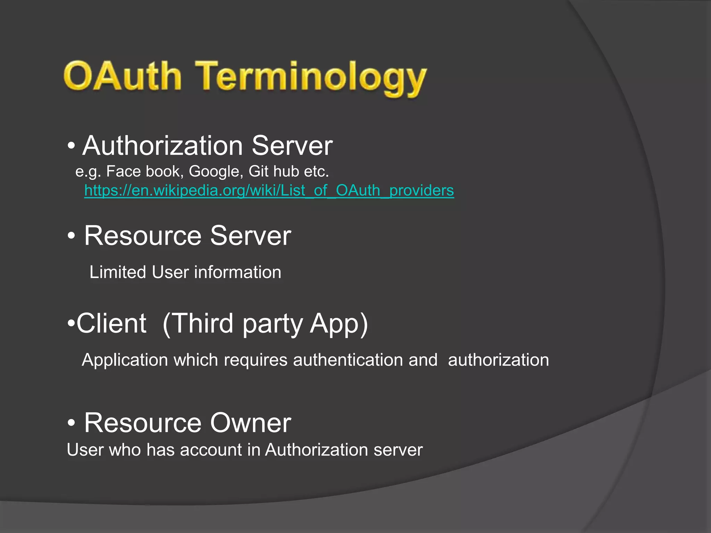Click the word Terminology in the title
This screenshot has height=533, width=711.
pos(311,78)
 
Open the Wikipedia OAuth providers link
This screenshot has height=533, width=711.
pos(269,191)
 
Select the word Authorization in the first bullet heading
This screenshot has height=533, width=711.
pos(162,146)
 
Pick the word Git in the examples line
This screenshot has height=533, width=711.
pos(258,171)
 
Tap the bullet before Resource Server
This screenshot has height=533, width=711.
pos(71,236)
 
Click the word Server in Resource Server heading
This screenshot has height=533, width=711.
pos(250,236)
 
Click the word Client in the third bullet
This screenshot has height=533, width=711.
pos(111,323)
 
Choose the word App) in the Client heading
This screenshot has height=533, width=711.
pos(339,323)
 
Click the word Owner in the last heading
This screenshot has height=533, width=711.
pos(250,423)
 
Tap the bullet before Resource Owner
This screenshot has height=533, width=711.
pos(71,423)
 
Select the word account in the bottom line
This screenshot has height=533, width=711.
pos(211,450)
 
